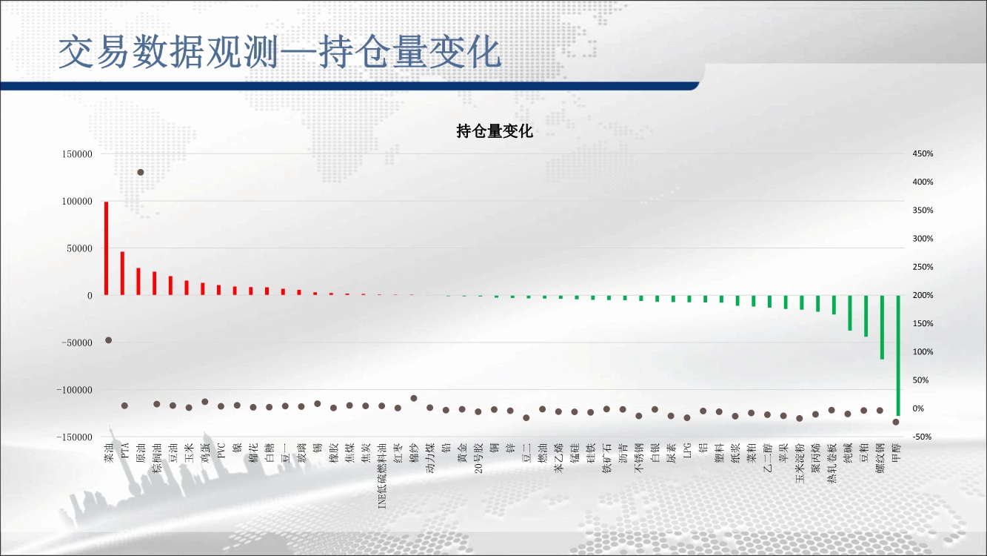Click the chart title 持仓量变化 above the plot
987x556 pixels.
[x=495, y=131]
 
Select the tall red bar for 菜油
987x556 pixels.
[x=106, y=248]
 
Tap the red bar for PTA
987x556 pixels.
[x=122, y=273]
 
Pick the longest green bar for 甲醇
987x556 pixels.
[x=898, y=356]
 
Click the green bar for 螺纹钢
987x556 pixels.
[x=882, y=328]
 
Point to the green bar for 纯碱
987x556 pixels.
[x=850, y=313]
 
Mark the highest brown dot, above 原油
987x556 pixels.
[x=141, y=172]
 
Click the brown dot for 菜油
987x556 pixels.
[x=108, y=340]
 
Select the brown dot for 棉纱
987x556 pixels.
[x=414, y=398]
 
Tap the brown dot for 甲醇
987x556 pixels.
[x=896, y=422]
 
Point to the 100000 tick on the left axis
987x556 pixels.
[x=77, y=201]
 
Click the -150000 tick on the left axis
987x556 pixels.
[x=75, y=437]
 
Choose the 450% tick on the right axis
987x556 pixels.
[x=923, y=153]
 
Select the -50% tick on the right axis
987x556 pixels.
[x=922, y=437]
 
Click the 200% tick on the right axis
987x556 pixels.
[x=923, y=295]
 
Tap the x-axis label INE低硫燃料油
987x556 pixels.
[x=382, y=476]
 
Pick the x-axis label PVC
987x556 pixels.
[x=221, y=451]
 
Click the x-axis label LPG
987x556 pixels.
[x=687, y=451]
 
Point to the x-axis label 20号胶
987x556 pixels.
[x=478, y=458]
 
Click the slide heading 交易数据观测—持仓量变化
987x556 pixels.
[x=280, y=53]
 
